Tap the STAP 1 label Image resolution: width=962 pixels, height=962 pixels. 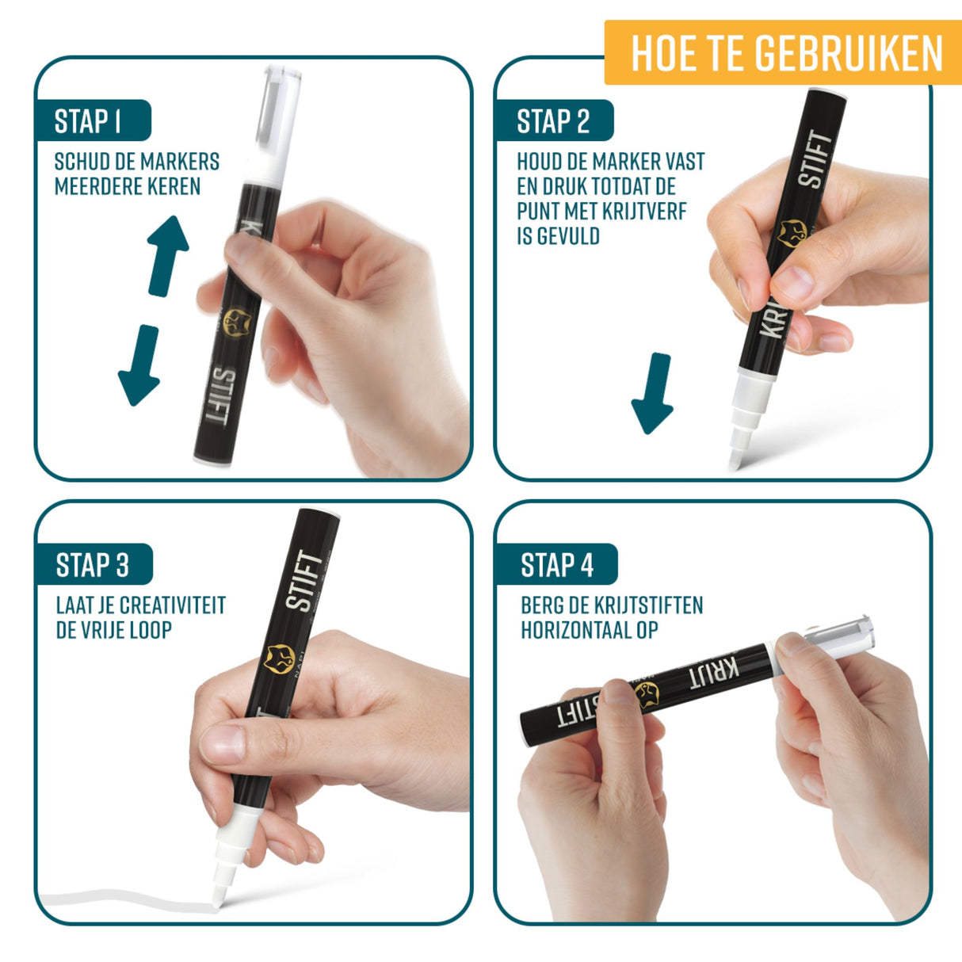coord(88,121)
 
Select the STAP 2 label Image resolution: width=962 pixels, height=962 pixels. coord(553,121)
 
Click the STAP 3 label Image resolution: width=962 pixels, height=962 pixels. coord(92,565)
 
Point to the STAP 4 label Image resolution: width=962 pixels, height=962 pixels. coord(556,565)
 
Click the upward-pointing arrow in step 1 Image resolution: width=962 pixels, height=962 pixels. coord(168,254)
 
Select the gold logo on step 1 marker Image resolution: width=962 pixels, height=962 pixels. coord(235,322)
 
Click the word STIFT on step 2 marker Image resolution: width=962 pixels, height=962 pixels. coord(817,159)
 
